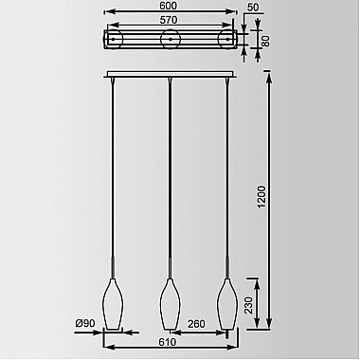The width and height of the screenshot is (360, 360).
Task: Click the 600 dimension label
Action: point(169,6)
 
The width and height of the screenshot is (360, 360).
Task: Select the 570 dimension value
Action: point(169,20)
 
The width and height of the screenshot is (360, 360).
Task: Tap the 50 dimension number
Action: point(253,8)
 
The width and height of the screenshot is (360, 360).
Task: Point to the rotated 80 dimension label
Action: point(266,41)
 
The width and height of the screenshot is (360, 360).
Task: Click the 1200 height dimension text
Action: point(261,197)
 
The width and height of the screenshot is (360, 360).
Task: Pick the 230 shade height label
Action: point(249,305)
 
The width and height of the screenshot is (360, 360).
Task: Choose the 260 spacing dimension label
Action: point(196,324)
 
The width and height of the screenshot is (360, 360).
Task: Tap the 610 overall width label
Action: point(168,342)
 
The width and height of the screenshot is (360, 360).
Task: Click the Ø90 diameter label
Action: point(85,323)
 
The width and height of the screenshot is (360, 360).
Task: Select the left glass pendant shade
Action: point(112,304)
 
